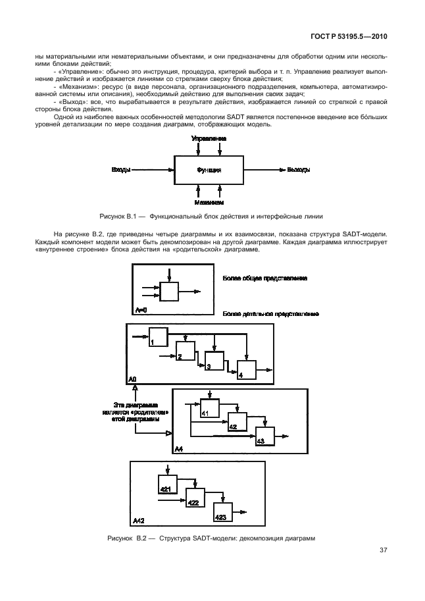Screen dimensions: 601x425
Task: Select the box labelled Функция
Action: click(209, 170)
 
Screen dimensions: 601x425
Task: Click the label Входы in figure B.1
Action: click(120, 170)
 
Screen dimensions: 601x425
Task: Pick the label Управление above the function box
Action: click(209, 139)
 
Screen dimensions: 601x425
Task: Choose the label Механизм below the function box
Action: click(209, 202)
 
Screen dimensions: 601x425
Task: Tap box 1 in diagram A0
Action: click(158, 336)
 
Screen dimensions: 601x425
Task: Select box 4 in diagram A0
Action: click(247, 370)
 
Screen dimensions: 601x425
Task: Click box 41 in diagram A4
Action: click(210, 408)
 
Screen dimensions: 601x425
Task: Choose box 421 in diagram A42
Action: click(168, 484)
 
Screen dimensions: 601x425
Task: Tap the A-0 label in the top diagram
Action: click(141, 309)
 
